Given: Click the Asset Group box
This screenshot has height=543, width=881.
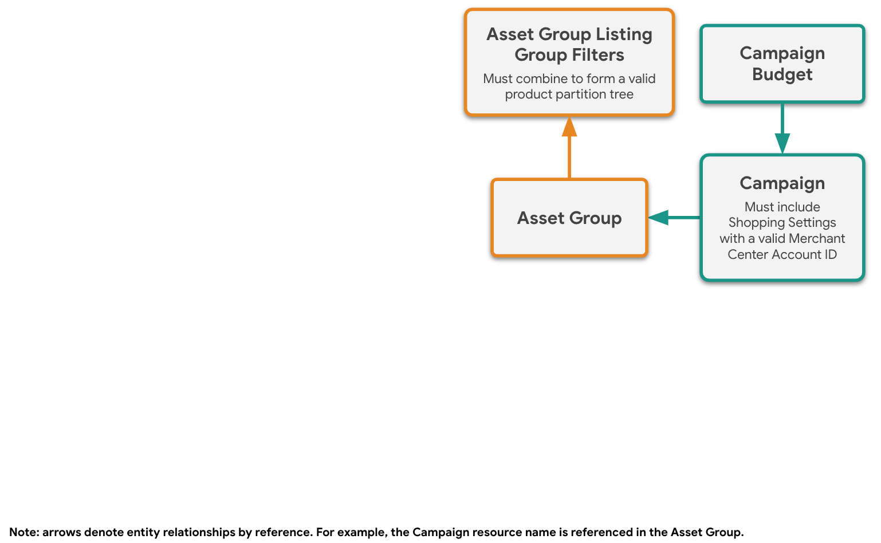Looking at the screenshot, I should (569, 218).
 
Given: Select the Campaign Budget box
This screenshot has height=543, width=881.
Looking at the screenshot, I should (782, 64).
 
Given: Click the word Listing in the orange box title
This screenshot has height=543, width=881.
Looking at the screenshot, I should (623, 34).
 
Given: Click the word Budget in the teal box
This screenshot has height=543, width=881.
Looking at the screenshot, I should (782, 74).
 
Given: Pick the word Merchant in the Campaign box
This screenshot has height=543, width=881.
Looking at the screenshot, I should (817, 238).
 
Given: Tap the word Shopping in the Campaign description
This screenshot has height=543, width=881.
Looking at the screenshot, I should (753, 222).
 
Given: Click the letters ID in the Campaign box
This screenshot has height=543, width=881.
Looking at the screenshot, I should (831, 254).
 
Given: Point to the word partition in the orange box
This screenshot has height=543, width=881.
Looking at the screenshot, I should (577, 95).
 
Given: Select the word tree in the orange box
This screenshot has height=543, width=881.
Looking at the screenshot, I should (622, 95).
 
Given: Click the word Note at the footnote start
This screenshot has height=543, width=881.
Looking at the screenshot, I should (23, 532).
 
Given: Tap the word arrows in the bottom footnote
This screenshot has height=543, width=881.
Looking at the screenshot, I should (62, 532).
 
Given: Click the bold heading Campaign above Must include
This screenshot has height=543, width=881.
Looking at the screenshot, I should (782, 183).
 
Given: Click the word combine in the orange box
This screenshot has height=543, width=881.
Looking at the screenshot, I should (541, 79).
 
